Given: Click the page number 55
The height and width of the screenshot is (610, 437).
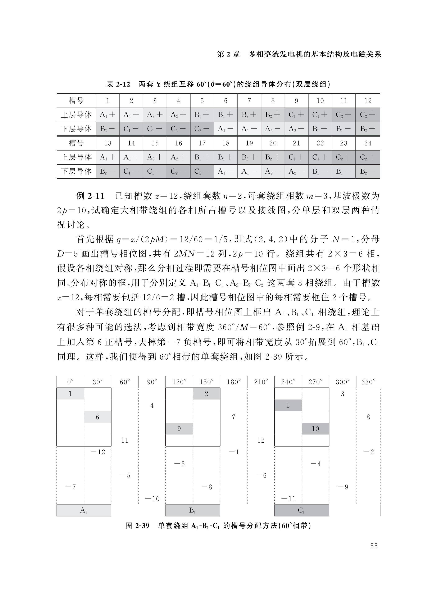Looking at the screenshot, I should tap(374, 546).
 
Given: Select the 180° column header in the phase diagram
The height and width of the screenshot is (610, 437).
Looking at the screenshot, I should tap(233, 382).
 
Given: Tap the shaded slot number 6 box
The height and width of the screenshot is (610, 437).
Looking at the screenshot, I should tap(97, 417).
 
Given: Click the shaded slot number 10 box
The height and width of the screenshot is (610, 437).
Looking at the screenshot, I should tap(315, 429).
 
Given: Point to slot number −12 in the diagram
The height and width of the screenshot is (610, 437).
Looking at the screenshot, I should tap(98, 452).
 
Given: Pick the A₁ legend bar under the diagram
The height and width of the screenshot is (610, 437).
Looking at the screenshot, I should tap(84, 510).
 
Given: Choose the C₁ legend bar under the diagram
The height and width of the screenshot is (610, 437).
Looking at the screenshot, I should tap(301, 510).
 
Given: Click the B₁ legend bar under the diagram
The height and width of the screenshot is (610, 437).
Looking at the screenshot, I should tap(192, 510).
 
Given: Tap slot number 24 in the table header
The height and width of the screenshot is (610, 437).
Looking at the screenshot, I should tap(368, 143).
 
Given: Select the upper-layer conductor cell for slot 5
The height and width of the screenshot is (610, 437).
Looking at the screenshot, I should tap(202, 115).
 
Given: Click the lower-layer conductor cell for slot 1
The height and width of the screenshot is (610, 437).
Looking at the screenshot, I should tap(108, 129).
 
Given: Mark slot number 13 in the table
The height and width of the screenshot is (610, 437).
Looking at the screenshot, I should tap(108, 143).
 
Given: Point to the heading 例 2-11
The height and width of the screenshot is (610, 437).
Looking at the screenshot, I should tap(90, 196).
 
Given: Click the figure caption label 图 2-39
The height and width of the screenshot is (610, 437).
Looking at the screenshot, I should tap(137, 525).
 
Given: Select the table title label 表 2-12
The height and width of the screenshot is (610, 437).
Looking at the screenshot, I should tap(118, 85).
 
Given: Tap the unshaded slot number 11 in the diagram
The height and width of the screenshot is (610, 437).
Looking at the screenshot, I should tap(125, 440).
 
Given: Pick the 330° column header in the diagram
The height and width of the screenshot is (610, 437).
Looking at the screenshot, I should tap(368, 382).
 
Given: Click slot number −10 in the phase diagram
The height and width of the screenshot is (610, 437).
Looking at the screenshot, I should tap(153, 499).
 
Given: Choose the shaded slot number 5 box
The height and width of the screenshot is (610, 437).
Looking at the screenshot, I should tap(288, 405).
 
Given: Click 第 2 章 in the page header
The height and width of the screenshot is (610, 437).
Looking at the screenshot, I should tap(228, 54).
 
